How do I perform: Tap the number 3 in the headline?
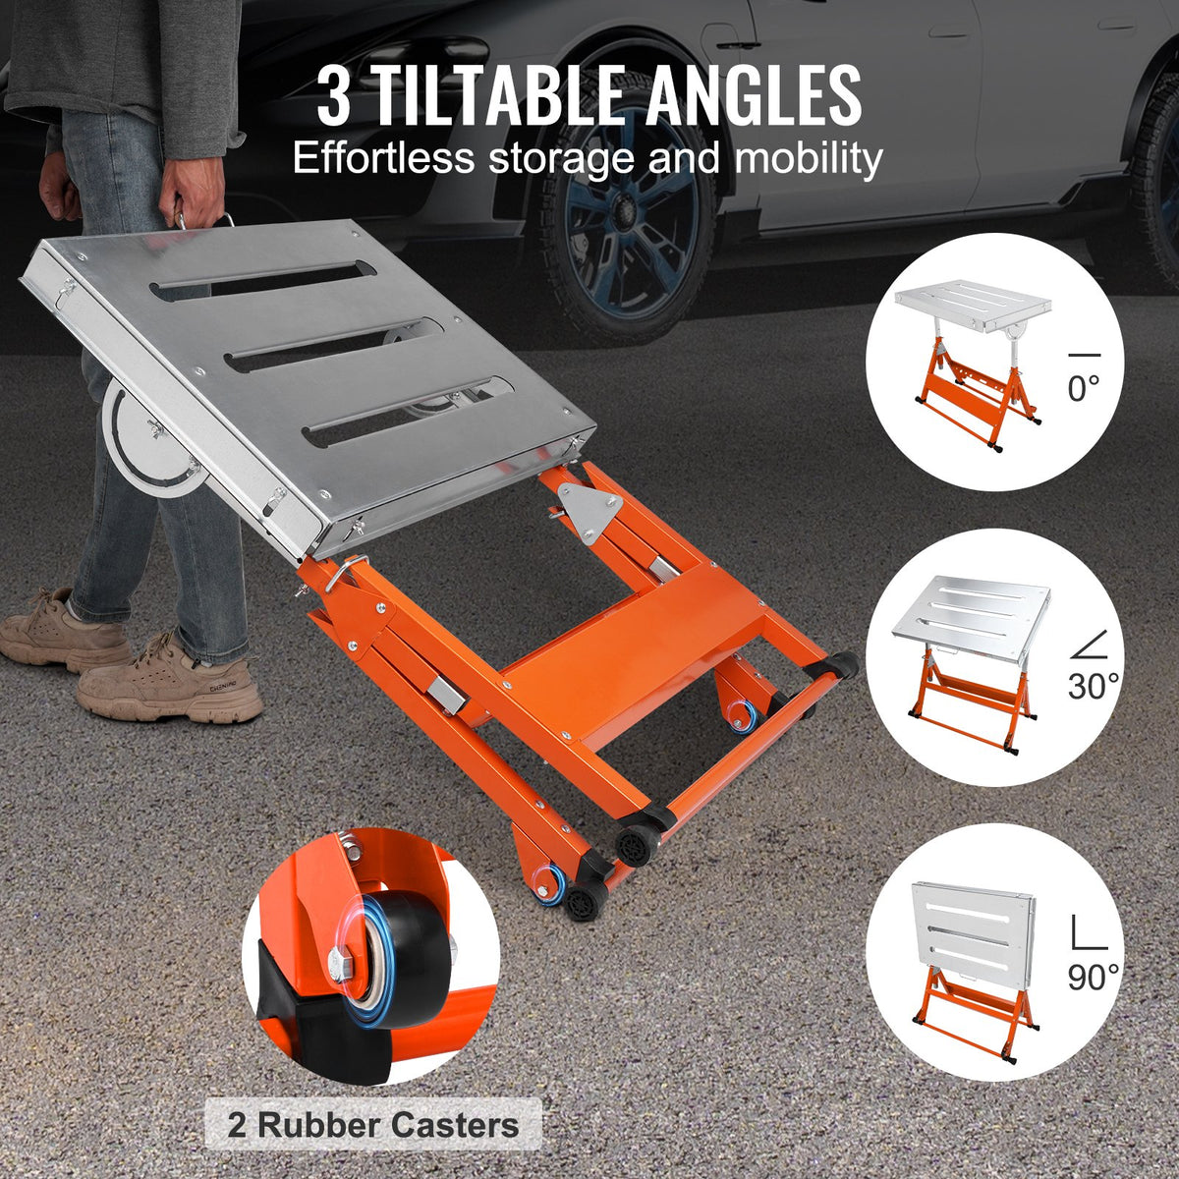(x=333, y=96)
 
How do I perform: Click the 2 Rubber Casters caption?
(x=373, y=1124)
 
